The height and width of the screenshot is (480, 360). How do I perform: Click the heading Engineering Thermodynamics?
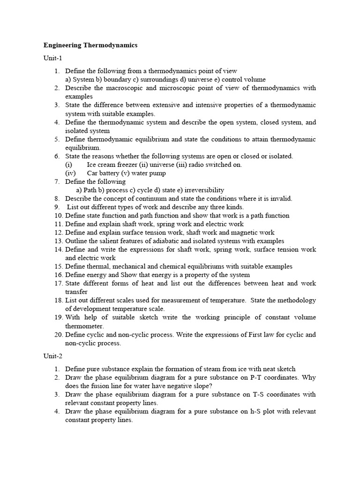point(90,45)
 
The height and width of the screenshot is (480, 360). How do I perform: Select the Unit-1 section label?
point(52,59)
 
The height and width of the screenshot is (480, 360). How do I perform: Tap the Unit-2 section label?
point(52,356)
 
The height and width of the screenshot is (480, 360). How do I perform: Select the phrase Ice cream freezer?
point(111,165)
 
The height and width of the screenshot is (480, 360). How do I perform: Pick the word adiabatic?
point(173,241)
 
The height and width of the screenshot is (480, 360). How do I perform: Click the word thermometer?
point(84,326)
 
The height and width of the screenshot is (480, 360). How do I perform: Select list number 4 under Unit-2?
point(57,412)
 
